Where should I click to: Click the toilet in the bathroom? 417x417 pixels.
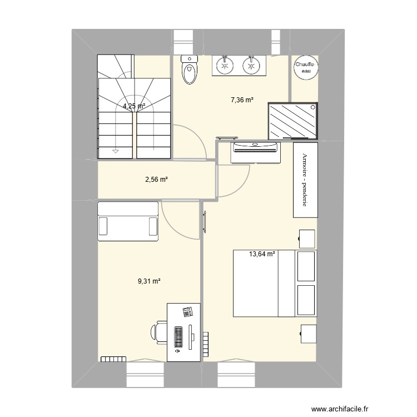(x=190, y=70)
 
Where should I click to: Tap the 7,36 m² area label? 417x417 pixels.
(x=242, y=100)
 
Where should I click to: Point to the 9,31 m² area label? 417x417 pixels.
(x=149, y=282)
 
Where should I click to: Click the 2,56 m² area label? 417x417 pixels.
(x=156, y=180)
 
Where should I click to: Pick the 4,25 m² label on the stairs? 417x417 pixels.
(x=134, y=106)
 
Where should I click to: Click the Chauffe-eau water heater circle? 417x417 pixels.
(x=305, y=67)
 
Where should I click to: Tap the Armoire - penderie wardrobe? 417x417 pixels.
(x=305, y=180)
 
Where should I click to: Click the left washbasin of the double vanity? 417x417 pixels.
(x=225, y=66)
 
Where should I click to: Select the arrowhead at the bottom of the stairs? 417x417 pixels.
(x=115, y=150)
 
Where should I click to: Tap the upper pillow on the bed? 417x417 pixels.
(x=306, y=266)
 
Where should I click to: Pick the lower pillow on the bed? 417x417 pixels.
(x=306, y=300)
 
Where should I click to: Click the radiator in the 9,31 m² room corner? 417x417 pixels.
(x=113, y=359)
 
